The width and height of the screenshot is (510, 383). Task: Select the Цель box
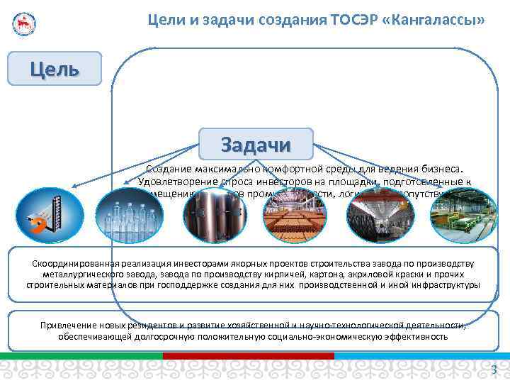55,69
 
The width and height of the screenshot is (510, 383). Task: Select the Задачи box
256,144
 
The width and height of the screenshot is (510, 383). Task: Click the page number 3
494,369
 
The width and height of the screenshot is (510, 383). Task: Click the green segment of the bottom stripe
81,355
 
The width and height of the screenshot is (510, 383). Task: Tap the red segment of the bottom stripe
248,355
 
